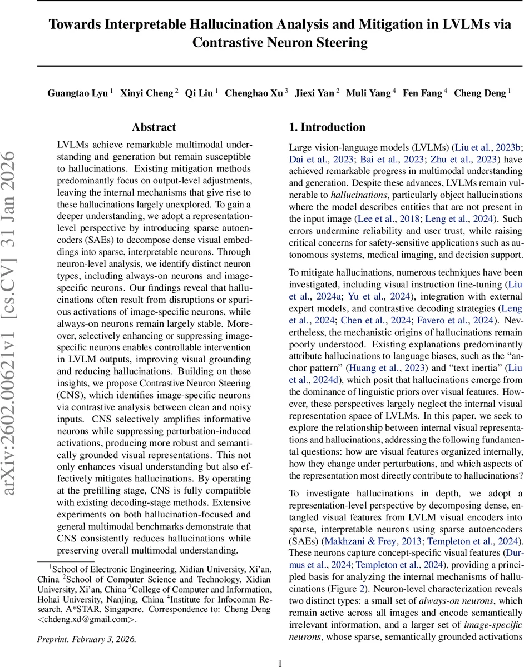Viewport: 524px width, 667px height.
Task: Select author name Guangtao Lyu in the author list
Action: coord(77,93)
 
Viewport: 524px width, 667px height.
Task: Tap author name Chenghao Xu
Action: coord(253,93)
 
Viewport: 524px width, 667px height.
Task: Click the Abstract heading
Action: coord(154,127)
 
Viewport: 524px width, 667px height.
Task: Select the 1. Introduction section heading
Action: coord(327,127)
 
